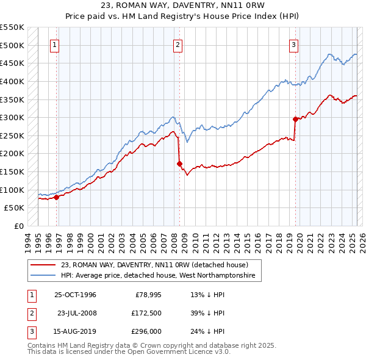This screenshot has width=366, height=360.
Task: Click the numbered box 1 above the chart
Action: click(55, 44)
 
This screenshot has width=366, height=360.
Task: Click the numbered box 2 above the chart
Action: click(178, 44)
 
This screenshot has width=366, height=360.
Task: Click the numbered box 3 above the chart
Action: click(293, 44)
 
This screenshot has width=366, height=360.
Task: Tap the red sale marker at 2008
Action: click(179, 164)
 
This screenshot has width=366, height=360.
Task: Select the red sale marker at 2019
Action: click(295, 119)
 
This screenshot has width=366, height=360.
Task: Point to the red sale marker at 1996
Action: click(57, 197)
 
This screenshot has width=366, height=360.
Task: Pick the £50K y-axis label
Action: click(14, 208)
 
